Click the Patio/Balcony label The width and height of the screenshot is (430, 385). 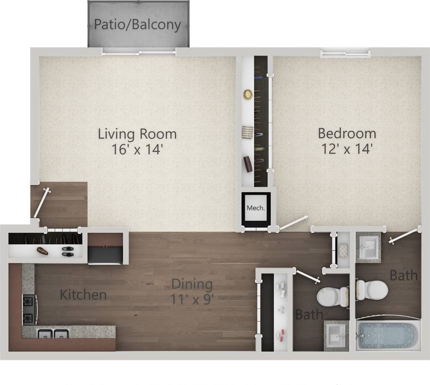point(137,24)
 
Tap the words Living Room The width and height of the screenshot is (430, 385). point(137,134)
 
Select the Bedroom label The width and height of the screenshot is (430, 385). point(347,133)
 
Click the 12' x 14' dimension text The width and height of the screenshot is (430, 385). point(347,149)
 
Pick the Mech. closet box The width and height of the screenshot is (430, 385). point(256,208)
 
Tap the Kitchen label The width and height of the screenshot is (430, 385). point(83,295)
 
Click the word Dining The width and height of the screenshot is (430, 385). point(191,284)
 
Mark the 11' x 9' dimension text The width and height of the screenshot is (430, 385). point(191,300)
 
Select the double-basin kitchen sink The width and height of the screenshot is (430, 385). point(54,335)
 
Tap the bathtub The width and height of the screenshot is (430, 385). point(387,334)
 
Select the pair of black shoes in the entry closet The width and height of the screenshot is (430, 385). point(67,251)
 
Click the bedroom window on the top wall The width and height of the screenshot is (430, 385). point(344,54)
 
